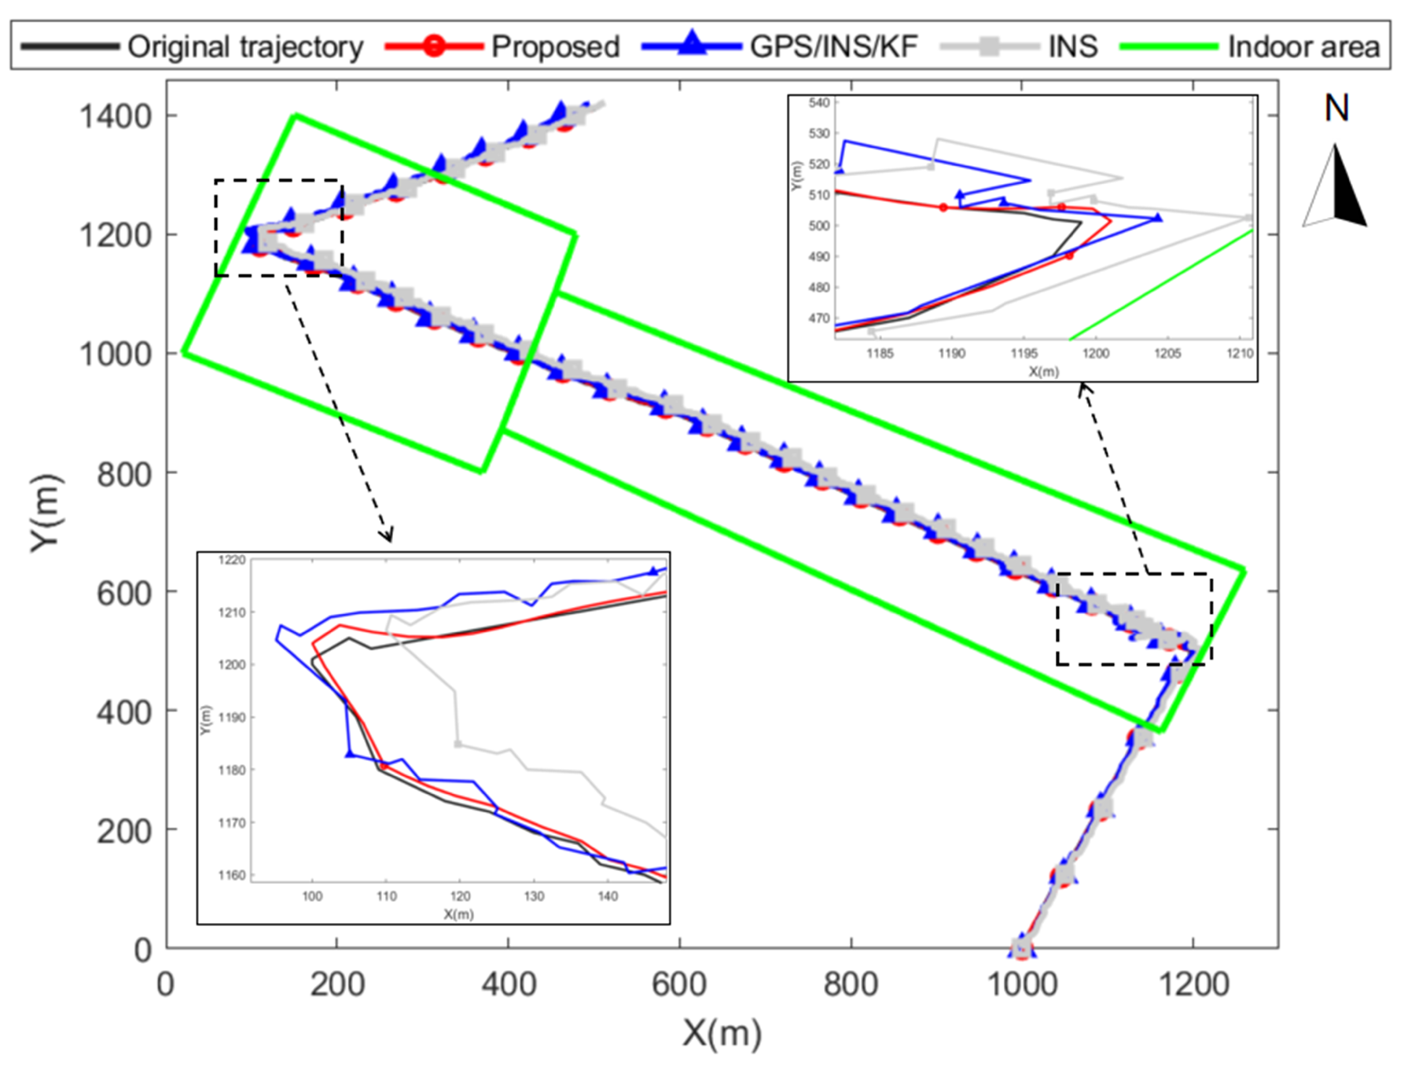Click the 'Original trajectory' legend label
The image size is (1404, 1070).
coord(245,47)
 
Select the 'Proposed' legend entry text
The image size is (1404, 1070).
coord(555,47)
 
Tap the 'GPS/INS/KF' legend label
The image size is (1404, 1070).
coord(833,47)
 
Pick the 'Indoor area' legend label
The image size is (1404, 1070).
coord(1303,47)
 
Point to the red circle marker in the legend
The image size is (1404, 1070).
coord(433,46)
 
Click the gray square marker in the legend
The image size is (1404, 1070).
coord(991,46)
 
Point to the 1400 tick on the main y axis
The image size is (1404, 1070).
coord(115,116)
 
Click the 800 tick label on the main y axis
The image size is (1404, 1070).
coord(123,474)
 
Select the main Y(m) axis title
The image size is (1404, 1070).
coord(46,513)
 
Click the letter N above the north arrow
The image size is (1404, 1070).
coord(1336,108)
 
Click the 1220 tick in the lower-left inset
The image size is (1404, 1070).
coord(232,561)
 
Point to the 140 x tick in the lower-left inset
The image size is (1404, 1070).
coord(608,896)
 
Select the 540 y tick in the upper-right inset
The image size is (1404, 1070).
coord(819,103)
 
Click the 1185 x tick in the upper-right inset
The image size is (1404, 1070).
coord(880,354)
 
